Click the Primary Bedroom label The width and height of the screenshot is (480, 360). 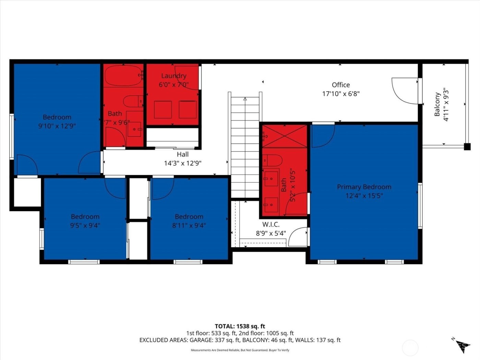click(364, 187)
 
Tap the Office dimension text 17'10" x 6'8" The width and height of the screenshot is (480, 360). click(341, 94)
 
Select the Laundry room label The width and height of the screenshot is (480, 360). click(174, 76)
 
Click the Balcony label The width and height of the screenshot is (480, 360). click(437, 104)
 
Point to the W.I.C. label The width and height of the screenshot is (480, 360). click(271, 225)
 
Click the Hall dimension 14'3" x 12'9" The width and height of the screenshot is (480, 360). click(182, 163)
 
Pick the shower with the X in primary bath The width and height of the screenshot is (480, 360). click(284, 136)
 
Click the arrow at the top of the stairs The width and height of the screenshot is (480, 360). click(245, 99)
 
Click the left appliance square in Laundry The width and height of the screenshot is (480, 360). click(163, 109)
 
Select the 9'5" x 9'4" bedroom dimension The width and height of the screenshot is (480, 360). click(85, 226)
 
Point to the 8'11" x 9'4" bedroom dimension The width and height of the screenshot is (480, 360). click(189, 226)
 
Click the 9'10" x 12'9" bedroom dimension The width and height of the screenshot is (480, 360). click(57, 126)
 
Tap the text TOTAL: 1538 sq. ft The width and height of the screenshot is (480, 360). click(240, 326)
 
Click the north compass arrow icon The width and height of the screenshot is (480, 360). click(463, 346)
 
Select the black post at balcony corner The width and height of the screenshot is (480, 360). click(467, 147)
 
